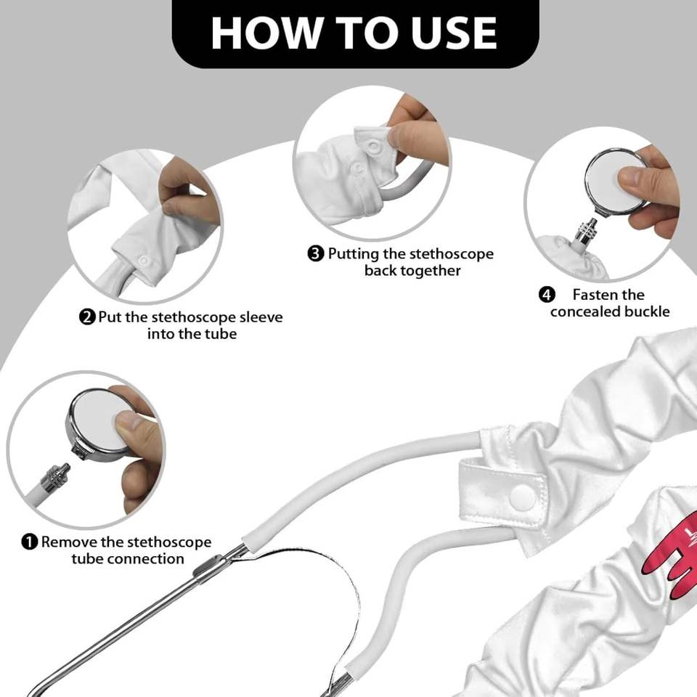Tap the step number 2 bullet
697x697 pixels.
pyautogui.click(x=87, y=317)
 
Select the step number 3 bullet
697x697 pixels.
pyautogui.click(x=316, y=254)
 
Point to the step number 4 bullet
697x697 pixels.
pyautogui.click(x=547, y=295)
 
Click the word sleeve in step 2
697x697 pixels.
pyautogui.click(x=261, y=317)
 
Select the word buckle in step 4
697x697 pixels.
pyautogui.click(x=647, y=311)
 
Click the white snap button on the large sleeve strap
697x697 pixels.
pyautogui.click(x=523, y=494)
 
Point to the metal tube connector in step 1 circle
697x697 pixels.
pyautogui.click(x=55, y=477)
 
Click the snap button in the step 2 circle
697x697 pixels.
pyautogui.click(x=144, y=260)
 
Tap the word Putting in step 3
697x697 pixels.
pyautogui.click(x=354, y=254)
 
